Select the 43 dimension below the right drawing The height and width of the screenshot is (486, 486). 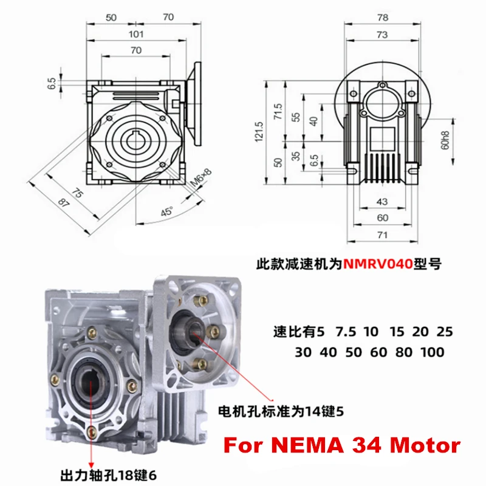[382, 201]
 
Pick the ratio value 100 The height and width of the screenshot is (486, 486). [431, 352]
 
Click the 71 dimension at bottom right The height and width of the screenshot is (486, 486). [382, 233]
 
